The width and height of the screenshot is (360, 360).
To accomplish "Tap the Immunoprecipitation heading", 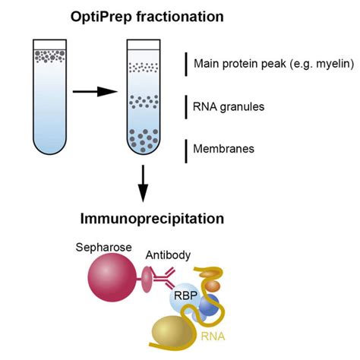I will pos(152,219).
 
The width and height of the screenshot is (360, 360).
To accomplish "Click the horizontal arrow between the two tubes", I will pos(95,92).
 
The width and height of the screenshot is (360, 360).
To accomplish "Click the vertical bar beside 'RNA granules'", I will pos(185,107).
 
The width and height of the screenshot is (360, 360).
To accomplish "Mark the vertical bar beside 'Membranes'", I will pos(185,150).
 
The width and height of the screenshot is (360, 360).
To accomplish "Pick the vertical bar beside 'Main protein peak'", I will pos(185,64).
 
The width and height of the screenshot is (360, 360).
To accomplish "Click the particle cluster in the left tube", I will pos(45,55).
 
